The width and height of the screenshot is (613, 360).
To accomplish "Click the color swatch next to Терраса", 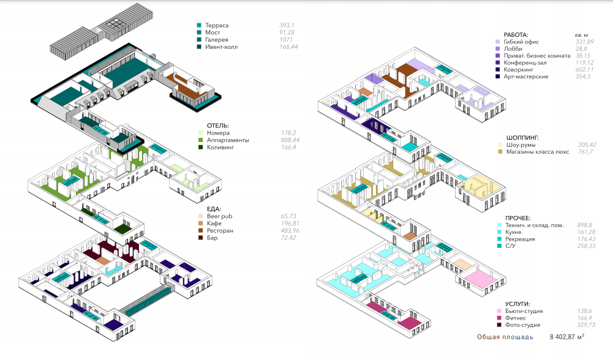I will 199,26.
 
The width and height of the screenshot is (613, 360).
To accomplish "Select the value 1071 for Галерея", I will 287,40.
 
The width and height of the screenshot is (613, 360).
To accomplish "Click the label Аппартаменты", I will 228,140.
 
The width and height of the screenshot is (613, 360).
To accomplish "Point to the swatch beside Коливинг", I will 199,148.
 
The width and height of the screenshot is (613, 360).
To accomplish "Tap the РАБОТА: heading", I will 516,35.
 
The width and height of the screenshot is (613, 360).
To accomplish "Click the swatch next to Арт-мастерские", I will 498,77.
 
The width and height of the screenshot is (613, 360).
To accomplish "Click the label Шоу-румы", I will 521,144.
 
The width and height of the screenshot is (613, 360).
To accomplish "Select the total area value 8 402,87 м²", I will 566,337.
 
